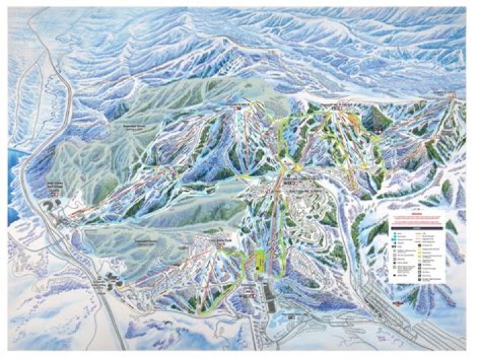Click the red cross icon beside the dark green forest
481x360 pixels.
376,131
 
